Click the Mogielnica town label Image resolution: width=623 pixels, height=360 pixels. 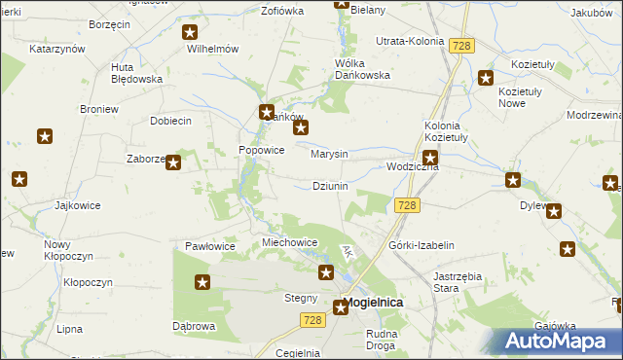[x=375, y=303]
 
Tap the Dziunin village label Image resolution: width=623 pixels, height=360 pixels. [x=330, y=185]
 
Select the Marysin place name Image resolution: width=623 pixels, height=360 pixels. [x=329, y=154]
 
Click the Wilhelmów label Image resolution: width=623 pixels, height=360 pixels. [x=213, y=48]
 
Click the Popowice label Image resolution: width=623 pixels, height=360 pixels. [x=262, y=151]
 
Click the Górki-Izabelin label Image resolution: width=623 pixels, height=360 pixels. [x=421, y=246]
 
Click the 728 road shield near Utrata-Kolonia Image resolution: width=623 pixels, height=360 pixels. [x=461, y=45]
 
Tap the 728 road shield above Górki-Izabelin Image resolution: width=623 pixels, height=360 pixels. [x=408, y=204]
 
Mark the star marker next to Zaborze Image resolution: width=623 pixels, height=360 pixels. [x=172, y=162]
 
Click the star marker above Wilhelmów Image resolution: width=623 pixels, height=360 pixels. [x=190, y=32]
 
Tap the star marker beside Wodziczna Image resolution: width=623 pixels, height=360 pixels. [x=429, y=157]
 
